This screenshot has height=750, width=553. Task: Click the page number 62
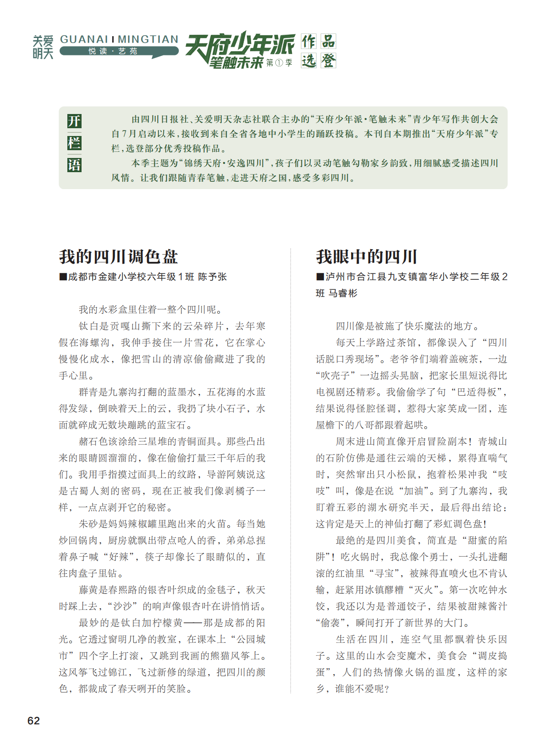[33, 720]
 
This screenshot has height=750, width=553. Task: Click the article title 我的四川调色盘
[118, 256]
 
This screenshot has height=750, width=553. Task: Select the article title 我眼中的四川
[367, 256]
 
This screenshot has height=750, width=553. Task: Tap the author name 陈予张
[212, 277]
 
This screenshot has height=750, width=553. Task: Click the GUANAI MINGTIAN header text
[119, 39]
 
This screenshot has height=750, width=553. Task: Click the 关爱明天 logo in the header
[43, 47]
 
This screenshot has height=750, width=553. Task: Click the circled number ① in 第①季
[279, 63]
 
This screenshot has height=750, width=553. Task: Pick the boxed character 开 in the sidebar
[74, 121]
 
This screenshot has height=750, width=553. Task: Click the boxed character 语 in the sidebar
[74, 164]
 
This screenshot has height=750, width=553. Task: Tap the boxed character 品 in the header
[328, 41]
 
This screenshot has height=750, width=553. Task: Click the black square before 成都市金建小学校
[63, 277]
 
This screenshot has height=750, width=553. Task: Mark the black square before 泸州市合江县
[320, 277]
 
